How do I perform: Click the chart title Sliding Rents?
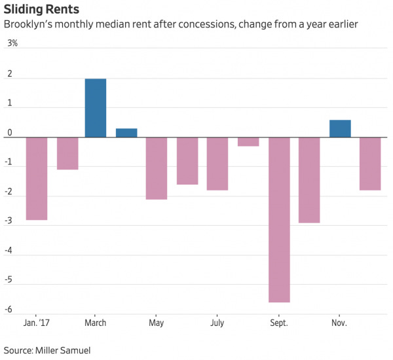coord(42,10)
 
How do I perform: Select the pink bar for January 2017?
coord(37,178)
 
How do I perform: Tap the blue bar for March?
coord(96,108)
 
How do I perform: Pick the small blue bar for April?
coord(126,133)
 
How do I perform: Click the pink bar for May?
coord(157,168)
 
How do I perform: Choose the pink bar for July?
coord(217,163)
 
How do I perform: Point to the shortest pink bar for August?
coord(248,141)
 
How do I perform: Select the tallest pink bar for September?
coord(279,219)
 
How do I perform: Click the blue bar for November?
coord(340,129)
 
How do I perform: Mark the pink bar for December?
coord(370,163)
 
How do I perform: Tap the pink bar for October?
coord(309,179)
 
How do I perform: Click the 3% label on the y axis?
coord(12,43)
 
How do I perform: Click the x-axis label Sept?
coord(279,323)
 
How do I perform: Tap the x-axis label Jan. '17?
coord(37,323)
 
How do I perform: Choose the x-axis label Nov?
coord(339,323)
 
